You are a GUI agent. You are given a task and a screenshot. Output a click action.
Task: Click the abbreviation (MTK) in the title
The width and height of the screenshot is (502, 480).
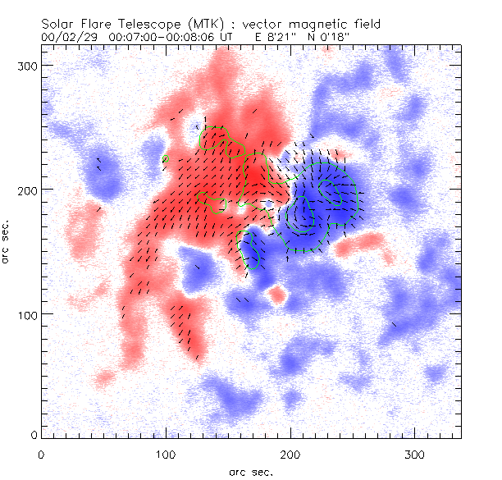[190, 24]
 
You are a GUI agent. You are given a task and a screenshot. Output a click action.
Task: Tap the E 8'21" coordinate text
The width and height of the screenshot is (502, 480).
[280, 37]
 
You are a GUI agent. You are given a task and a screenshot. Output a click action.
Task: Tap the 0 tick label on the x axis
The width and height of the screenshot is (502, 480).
[41, 453]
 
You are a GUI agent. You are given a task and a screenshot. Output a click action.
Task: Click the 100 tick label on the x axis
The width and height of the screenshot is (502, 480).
[166, 453]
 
